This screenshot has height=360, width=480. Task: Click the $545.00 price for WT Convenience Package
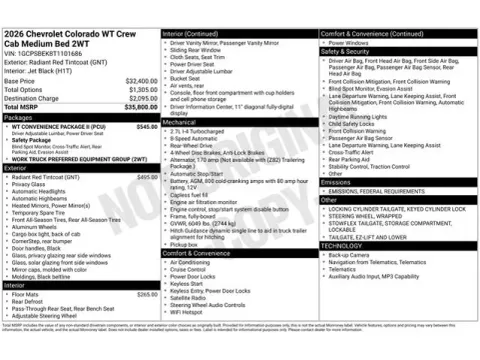(146, 127)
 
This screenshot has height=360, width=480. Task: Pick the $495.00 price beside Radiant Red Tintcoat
(146, 176)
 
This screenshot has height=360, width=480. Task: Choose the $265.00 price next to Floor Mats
(146, 294)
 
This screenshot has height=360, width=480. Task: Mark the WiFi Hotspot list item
(193, 311)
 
